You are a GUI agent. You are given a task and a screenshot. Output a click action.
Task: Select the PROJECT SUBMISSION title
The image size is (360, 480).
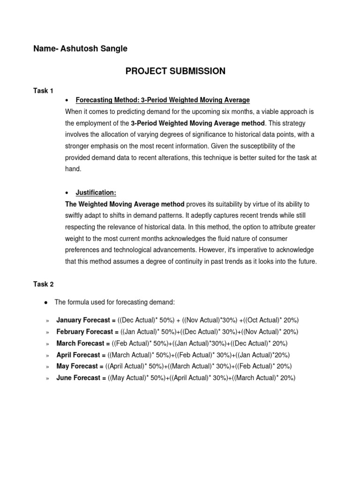175,71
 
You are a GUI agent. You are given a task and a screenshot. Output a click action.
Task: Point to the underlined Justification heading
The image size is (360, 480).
96,193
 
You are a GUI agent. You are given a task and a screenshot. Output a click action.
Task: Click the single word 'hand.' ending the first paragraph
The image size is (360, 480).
73,169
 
